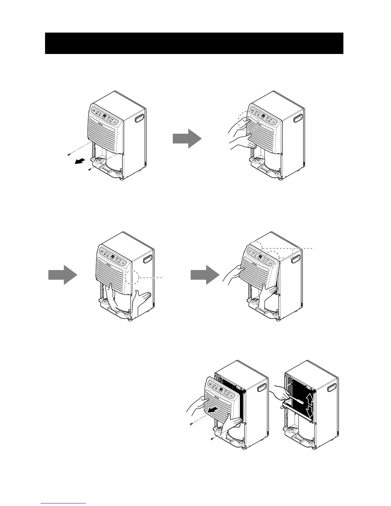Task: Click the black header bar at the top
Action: tap(194, 43)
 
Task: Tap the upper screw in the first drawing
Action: tap(69, 155)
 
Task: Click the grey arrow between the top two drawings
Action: tap(187, 138)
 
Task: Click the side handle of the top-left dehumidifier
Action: tap(140, 119)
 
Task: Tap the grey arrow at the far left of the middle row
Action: tap(63, 274)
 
